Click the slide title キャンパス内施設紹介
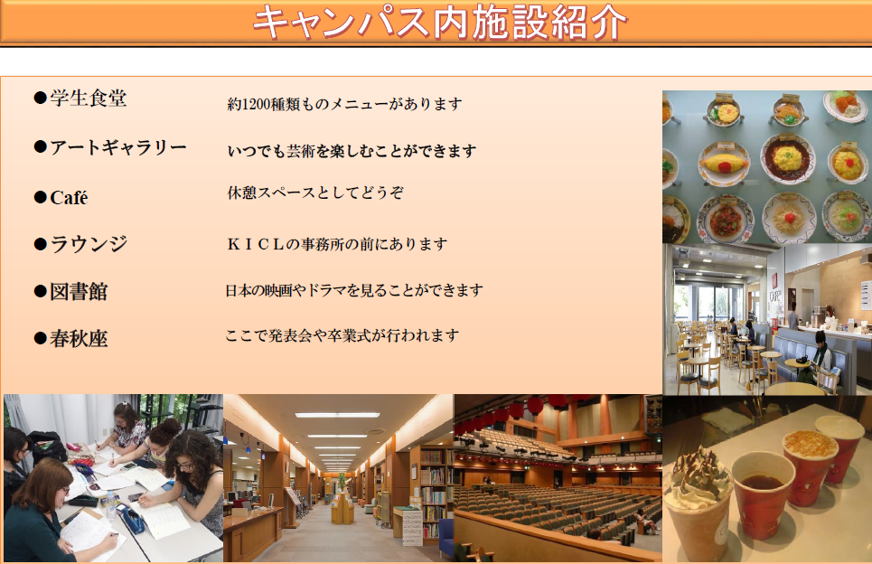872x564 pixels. pos(439,23)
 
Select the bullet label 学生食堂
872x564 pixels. pos(89,98)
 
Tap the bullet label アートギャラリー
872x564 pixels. pos(118,146)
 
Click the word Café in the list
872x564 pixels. pos(69,197)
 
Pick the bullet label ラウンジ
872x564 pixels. pos(89,244)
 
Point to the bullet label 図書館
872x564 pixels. pos(79,291)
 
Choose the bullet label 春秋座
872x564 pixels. pos(79,338)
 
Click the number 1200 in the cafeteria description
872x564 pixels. pos(257,104)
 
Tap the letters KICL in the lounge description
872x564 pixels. pos(256,244)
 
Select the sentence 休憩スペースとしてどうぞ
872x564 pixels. pos(315,193)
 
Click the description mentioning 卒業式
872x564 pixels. pos(342,335)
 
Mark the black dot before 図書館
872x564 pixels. pos(40,291)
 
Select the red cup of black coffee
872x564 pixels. pos(763,493)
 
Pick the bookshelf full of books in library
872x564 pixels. pos(433,490)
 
